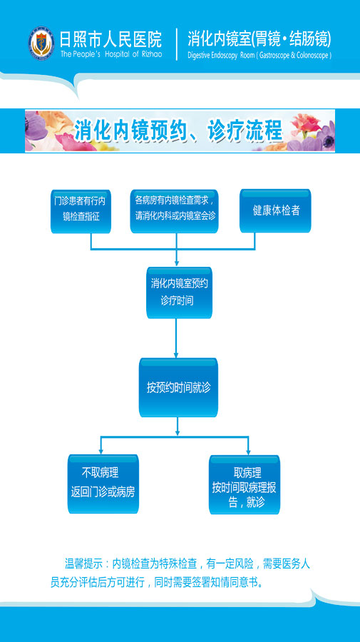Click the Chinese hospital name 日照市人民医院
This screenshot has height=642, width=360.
coord(111,40)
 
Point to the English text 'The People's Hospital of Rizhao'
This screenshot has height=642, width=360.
coord(111,54)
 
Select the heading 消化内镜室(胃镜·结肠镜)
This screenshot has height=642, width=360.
coord(259,39)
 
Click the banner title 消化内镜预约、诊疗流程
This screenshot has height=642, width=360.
coord(178,131)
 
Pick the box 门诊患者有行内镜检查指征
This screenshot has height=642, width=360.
coord(81,211)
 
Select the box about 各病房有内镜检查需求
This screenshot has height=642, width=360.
coord(174,211)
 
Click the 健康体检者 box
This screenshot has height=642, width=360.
coord(275,211)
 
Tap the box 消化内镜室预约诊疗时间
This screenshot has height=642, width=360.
coord(179,292)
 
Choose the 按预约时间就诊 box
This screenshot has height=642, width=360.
coord(178,387)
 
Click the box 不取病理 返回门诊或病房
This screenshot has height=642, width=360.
coord(103,484)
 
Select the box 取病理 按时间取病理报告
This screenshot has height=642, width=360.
coord(245,485)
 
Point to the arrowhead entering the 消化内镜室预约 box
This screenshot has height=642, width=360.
coord(177,263)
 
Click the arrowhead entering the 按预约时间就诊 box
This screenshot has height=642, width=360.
coord(177,354)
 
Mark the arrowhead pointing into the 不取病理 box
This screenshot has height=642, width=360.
coord(101,450)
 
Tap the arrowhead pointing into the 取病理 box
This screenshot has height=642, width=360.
coord(248,452)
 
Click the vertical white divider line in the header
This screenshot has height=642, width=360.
coord(177,44)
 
